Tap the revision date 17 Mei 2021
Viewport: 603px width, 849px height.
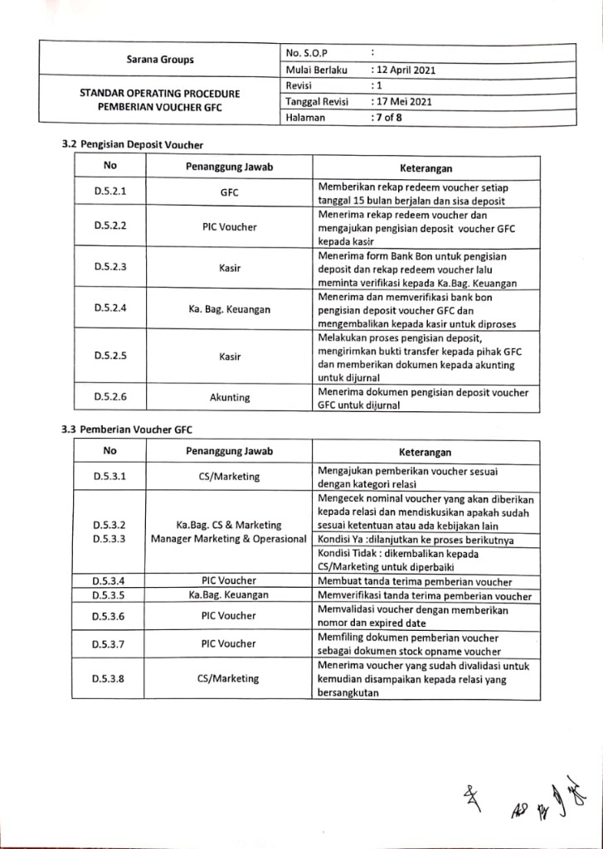point(402,102)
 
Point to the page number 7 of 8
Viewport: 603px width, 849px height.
point(387,118)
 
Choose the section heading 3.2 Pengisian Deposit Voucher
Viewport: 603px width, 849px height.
point(133,145)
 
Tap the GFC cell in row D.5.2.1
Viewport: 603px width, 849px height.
point(230,192)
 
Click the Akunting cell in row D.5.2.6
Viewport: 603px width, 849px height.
point(230,397)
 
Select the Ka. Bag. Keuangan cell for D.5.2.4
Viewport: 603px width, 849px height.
point(230,307)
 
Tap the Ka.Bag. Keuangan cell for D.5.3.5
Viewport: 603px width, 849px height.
point(229,595)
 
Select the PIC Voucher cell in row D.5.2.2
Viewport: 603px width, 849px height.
point(230,226)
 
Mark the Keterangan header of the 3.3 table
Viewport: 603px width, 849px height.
point(426,453)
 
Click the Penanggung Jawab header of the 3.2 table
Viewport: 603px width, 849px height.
point(230,167)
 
